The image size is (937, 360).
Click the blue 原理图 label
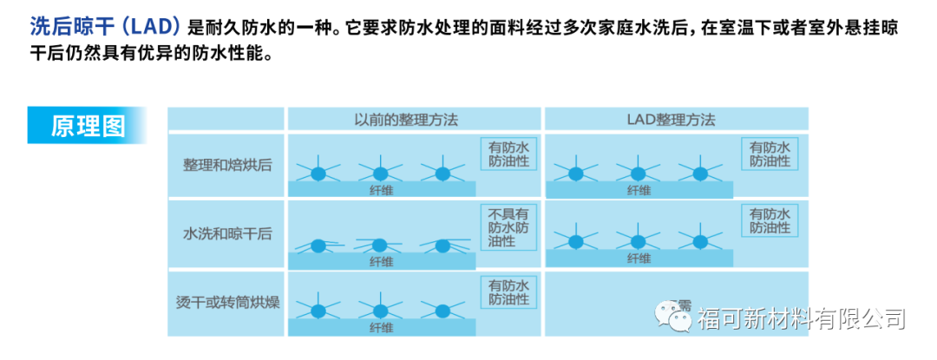(x=87, y=125)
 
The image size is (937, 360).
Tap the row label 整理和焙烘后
(x=226, y=165)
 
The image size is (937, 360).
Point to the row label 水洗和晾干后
(x=226, y=233)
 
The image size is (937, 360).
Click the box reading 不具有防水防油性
(x=508, y=226)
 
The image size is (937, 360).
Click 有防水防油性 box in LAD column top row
(x=770, y=154)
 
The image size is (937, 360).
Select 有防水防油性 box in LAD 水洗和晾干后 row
(x=770, y=221)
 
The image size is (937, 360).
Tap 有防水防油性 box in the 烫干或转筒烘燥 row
(x=508, y=292)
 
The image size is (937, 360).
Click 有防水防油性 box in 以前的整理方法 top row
(x=508, y=154)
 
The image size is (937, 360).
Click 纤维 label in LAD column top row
(x=639, y=190)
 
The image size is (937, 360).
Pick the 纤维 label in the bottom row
(x=382, y=327)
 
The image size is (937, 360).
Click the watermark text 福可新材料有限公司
(x=801, y=318)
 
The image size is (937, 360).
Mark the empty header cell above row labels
(x=226, y=120)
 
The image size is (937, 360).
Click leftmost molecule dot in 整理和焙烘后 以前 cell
(x=318, y=172)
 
